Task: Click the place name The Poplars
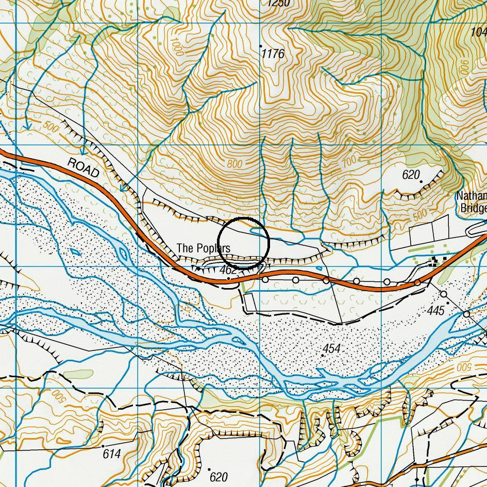coord(203,248)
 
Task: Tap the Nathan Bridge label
coord(472,202)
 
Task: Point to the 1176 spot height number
coord(273,54)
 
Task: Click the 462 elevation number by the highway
coord(228,270)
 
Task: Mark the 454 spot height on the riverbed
coord(332,348)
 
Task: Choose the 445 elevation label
coord(435,310)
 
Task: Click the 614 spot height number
coord(111,454)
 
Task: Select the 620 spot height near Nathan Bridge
coord(411,175)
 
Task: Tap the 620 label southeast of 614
coord(219,477)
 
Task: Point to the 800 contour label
coord(234,164)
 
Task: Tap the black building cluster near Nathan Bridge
coord(439,262)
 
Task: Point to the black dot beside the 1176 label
coord(260,46)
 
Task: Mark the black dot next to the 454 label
coord(323,355)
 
